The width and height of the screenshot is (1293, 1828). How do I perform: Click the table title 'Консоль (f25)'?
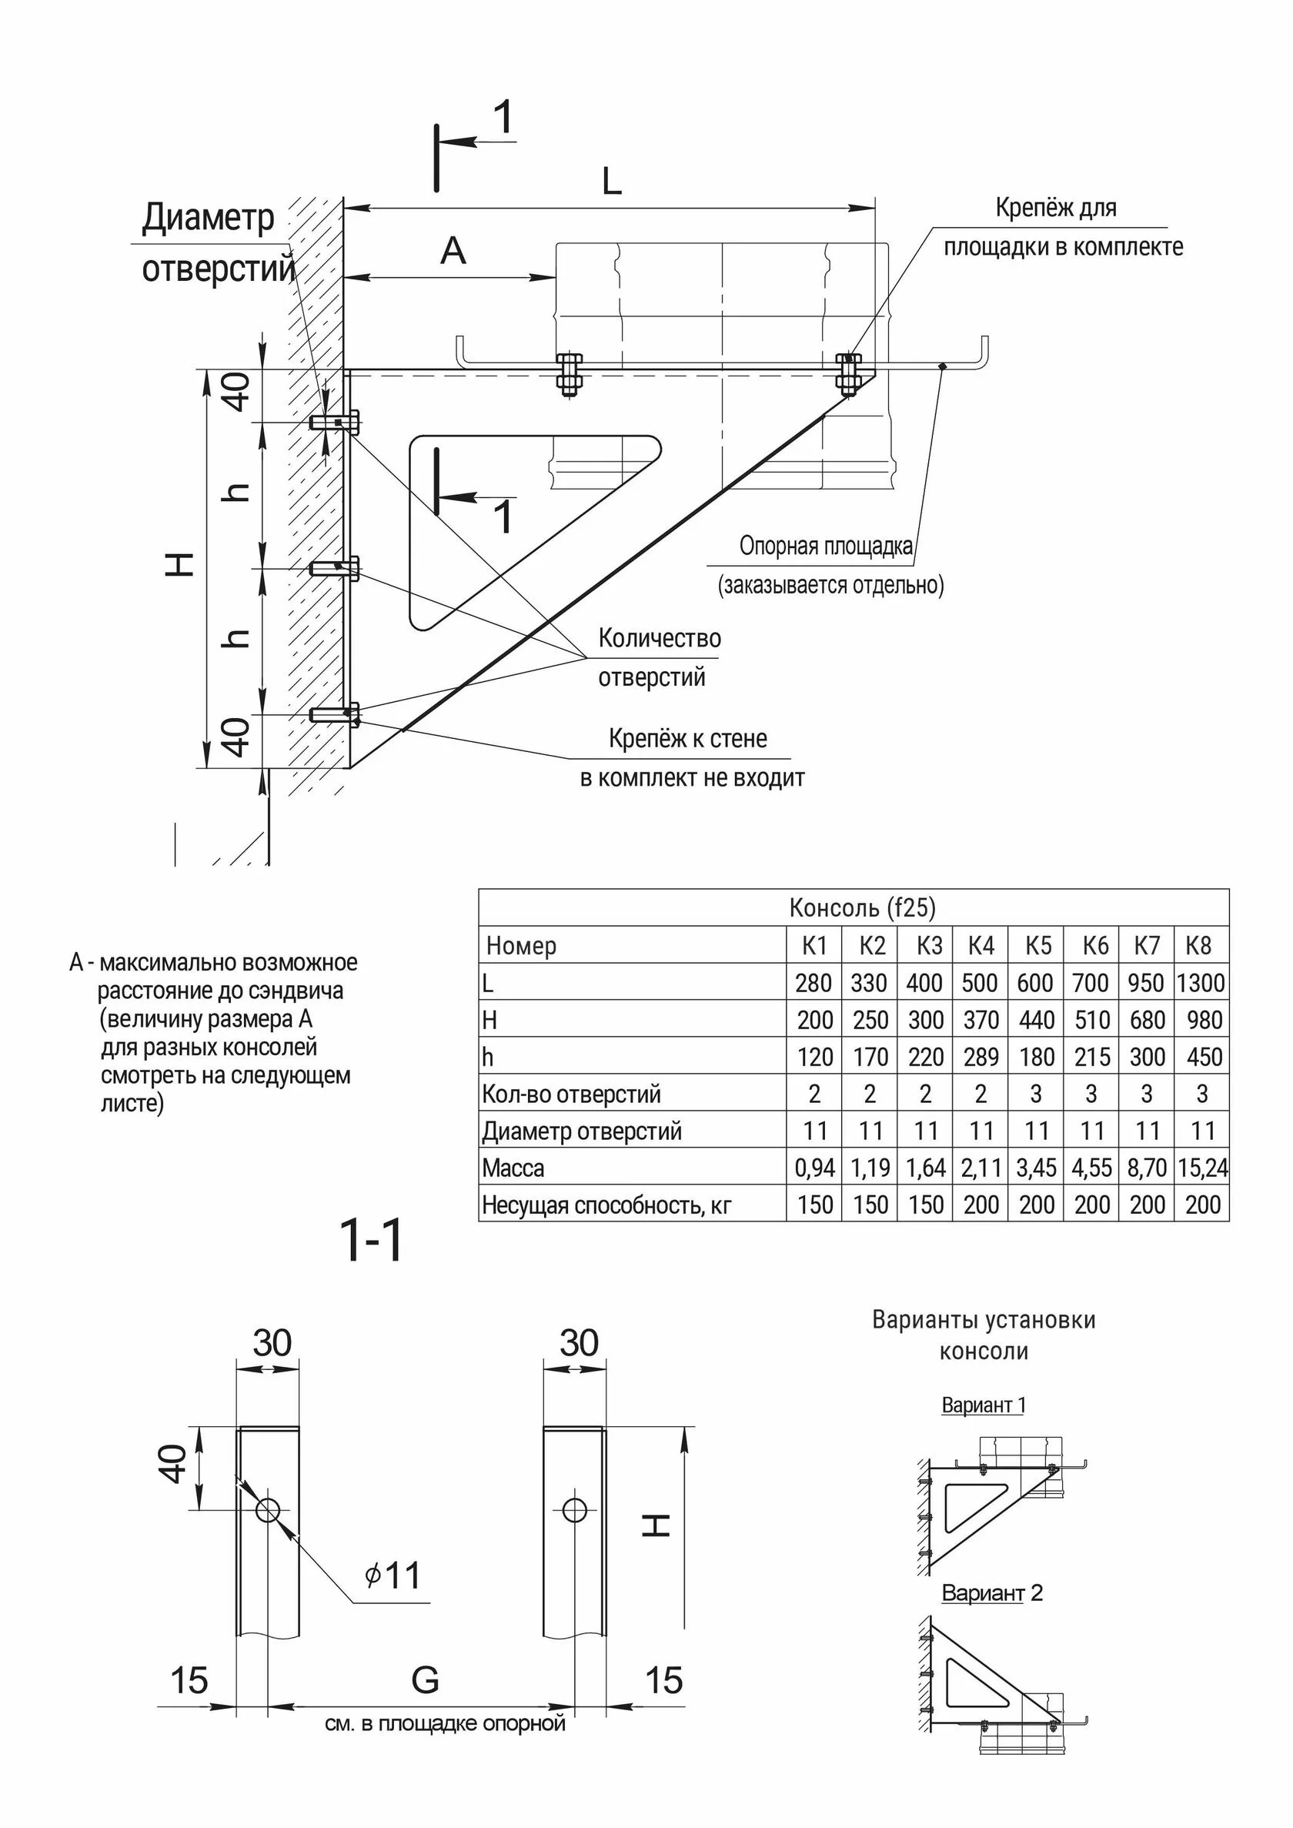tap(861, 907)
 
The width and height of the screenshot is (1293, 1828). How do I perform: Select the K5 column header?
tap(1037, 945)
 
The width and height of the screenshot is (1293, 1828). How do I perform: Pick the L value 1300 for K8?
tap(1201, 982)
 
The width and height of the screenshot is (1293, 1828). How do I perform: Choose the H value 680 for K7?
tap(1147, 1020)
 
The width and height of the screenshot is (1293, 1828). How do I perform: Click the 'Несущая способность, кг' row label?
tap(606, 1205)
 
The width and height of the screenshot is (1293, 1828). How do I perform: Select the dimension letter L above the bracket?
tap(611, 182)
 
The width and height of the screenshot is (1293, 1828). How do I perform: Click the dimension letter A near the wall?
tap(453, 252)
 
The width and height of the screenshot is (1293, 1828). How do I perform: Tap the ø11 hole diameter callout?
tap(392, 1575)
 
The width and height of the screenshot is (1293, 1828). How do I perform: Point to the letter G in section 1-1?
tap(425, 1680)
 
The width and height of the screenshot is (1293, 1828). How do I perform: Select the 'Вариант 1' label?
tap(984, 1405)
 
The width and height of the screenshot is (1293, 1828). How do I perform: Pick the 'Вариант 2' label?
tap(992, 1593)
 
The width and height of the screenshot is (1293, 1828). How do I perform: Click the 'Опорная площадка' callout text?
tap(826, 546)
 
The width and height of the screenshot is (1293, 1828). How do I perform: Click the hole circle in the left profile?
tap(268, 1509)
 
